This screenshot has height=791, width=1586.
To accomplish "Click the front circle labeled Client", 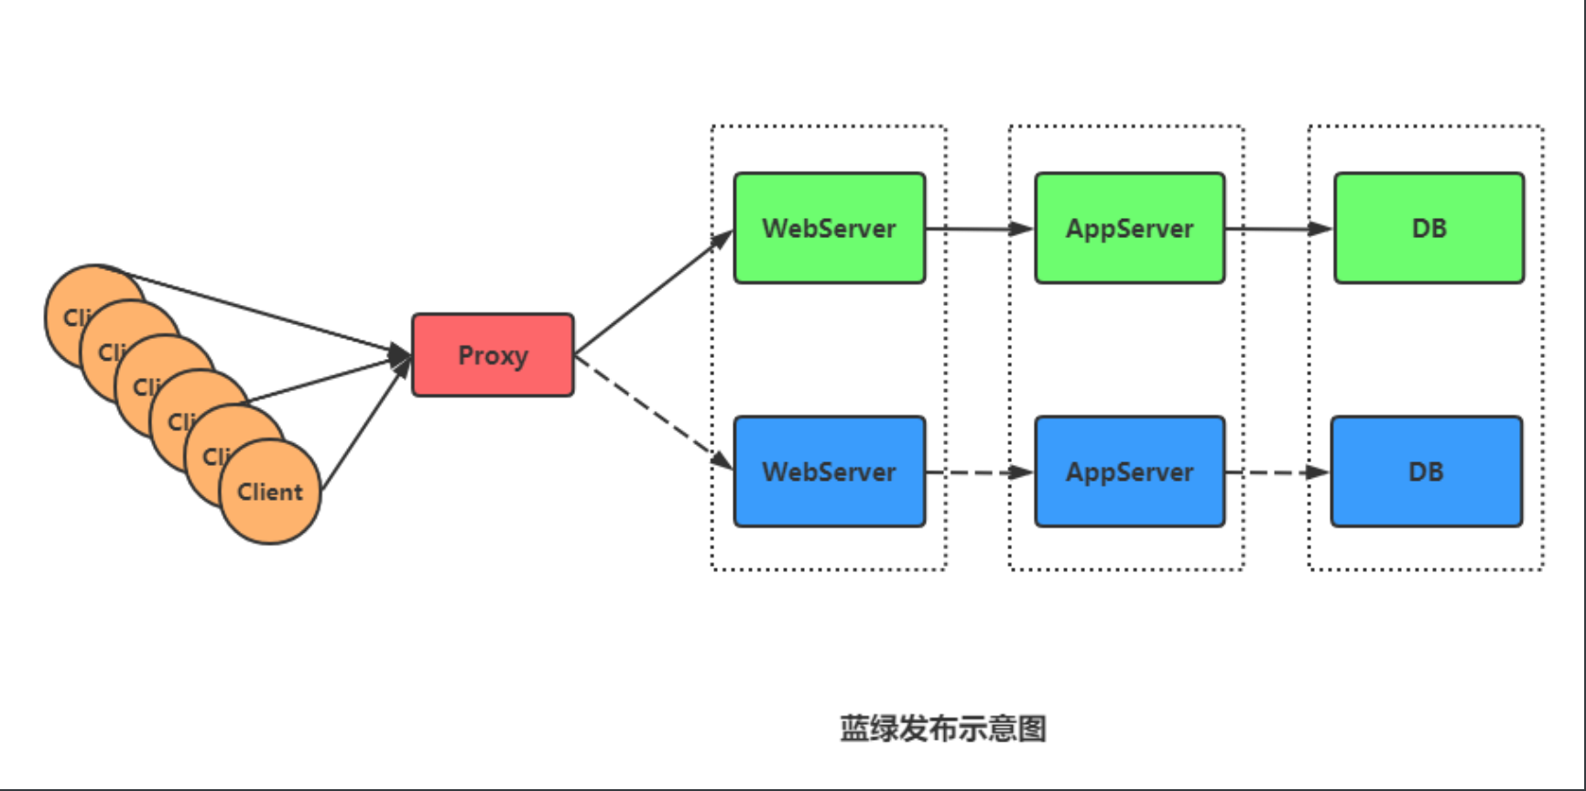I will [x=271, y=493].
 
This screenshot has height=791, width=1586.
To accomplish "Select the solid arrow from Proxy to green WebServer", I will [x=652, y=293].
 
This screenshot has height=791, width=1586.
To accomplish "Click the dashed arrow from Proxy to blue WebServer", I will [x=652, y=411].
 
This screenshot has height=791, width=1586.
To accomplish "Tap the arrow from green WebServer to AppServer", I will [x=978, y=228].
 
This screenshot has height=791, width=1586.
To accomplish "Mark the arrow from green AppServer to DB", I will [x=1278, y=228].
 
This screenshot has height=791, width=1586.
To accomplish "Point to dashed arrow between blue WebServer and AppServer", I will [x=978, y=472].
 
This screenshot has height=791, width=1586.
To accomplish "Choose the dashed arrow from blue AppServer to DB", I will [x=1276, y=472].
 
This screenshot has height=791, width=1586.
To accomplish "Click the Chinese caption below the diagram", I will [x=943, y=729].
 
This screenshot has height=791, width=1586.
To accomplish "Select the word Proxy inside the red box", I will [x=493, y=355].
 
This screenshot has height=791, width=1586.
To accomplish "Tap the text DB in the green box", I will [x=1429, y=229].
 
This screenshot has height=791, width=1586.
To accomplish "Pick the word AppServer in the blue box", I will [x=1130, y=472].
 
